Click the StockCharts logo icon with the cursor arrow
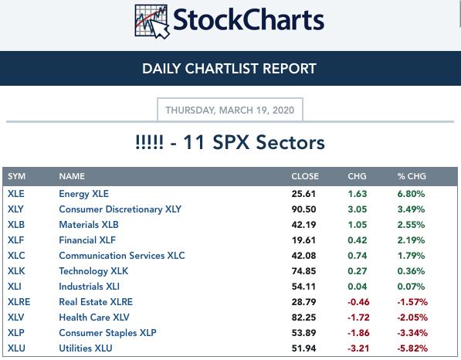(x=151, y=22)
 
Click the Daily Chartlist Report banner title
(x=229, y=69)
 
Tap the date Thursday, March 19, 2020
(x=230, y=110)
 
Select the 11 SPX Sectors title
(x=230, y=142)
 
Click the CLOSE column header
(x=305, y=176)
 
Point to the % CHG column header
(x=412, y=176)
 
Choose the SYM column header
(x=16, y=176)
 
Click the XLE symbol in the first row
(x=16, y=194)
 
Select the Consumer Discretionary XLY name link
(x=120, y=209)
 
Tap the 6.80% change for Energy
(x=411, y=194)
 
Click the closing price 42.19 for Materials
(x=303, y=225)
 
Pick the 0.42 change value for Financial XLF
(x=358, y=240)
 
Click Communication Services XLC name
(x=122, y=255)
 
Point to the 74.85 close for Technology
(x=303, y=271)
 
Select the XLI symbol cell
(x=15, y=286)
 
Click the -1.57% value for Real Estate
(x=412, y=302)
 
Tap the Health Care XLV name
(x=94, y=318)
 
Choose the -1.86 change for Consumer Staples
(x=358, y=333)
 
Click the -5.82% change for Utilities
(x=412, y=348)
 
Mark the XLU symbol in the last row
(x=16, y=348)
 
